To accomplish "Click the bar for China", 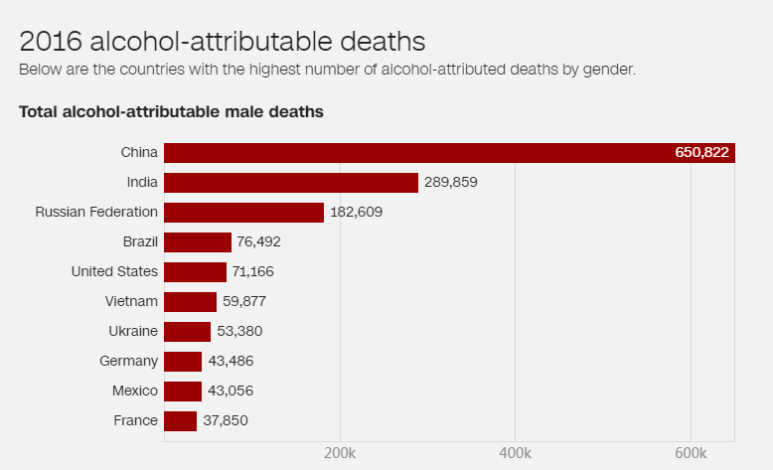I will tap(447, 152).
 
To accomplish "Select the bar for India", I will tap(291, 183).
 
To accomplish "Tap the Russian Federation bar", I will tap(243, 213).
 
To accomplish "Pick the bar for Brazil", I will tap(198, 242).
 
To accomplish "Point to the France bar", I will tap(180, 421).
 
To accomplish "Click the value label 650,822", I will tap(701, 152).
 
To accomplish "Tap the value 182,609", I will tap(357, 213).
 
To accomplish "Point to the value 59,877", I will tap(244, 302).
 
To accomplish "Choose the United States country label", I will tap(114, 271).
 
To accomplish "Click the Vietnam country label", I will tap(131, 301).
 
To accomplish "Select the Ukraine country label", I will tap(133, 331).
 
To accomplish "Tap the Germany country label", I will tap(128, 361).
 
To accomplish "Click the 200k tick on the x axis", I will tap(340, 453).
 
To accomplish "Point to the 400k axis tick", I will tap(515, 453).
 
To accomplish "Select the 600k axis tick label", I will tap(691, 453).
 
